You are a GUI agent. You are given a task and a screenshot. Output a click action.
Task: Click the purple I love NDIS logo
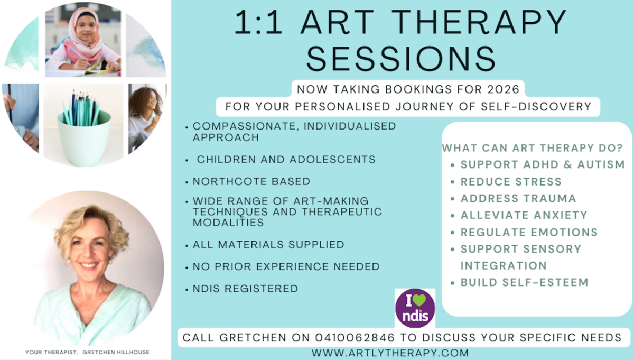click(415, 308)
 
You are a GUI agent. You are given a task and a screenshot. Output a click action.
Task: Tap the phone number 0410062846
click(355, 338)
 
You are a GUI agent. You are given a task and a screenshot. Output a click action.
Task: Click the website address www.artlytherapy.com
click(390, 353)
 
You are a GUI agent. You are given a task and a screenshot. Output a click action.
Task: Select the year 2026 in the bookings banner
click(503, 89)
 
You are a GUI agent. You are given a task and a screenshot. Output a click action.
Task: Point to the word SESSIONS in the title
click(401, 59)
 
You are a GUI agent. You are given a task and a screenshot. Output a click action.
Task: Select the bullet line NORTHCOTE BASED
click(251, 181)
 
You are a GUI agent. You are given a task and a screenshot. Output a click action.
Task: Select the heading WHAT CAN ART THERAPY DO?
click(533, 148)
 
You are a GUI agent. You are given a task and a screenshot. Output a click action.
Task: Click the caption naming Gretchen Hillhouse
click(87, 352)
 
